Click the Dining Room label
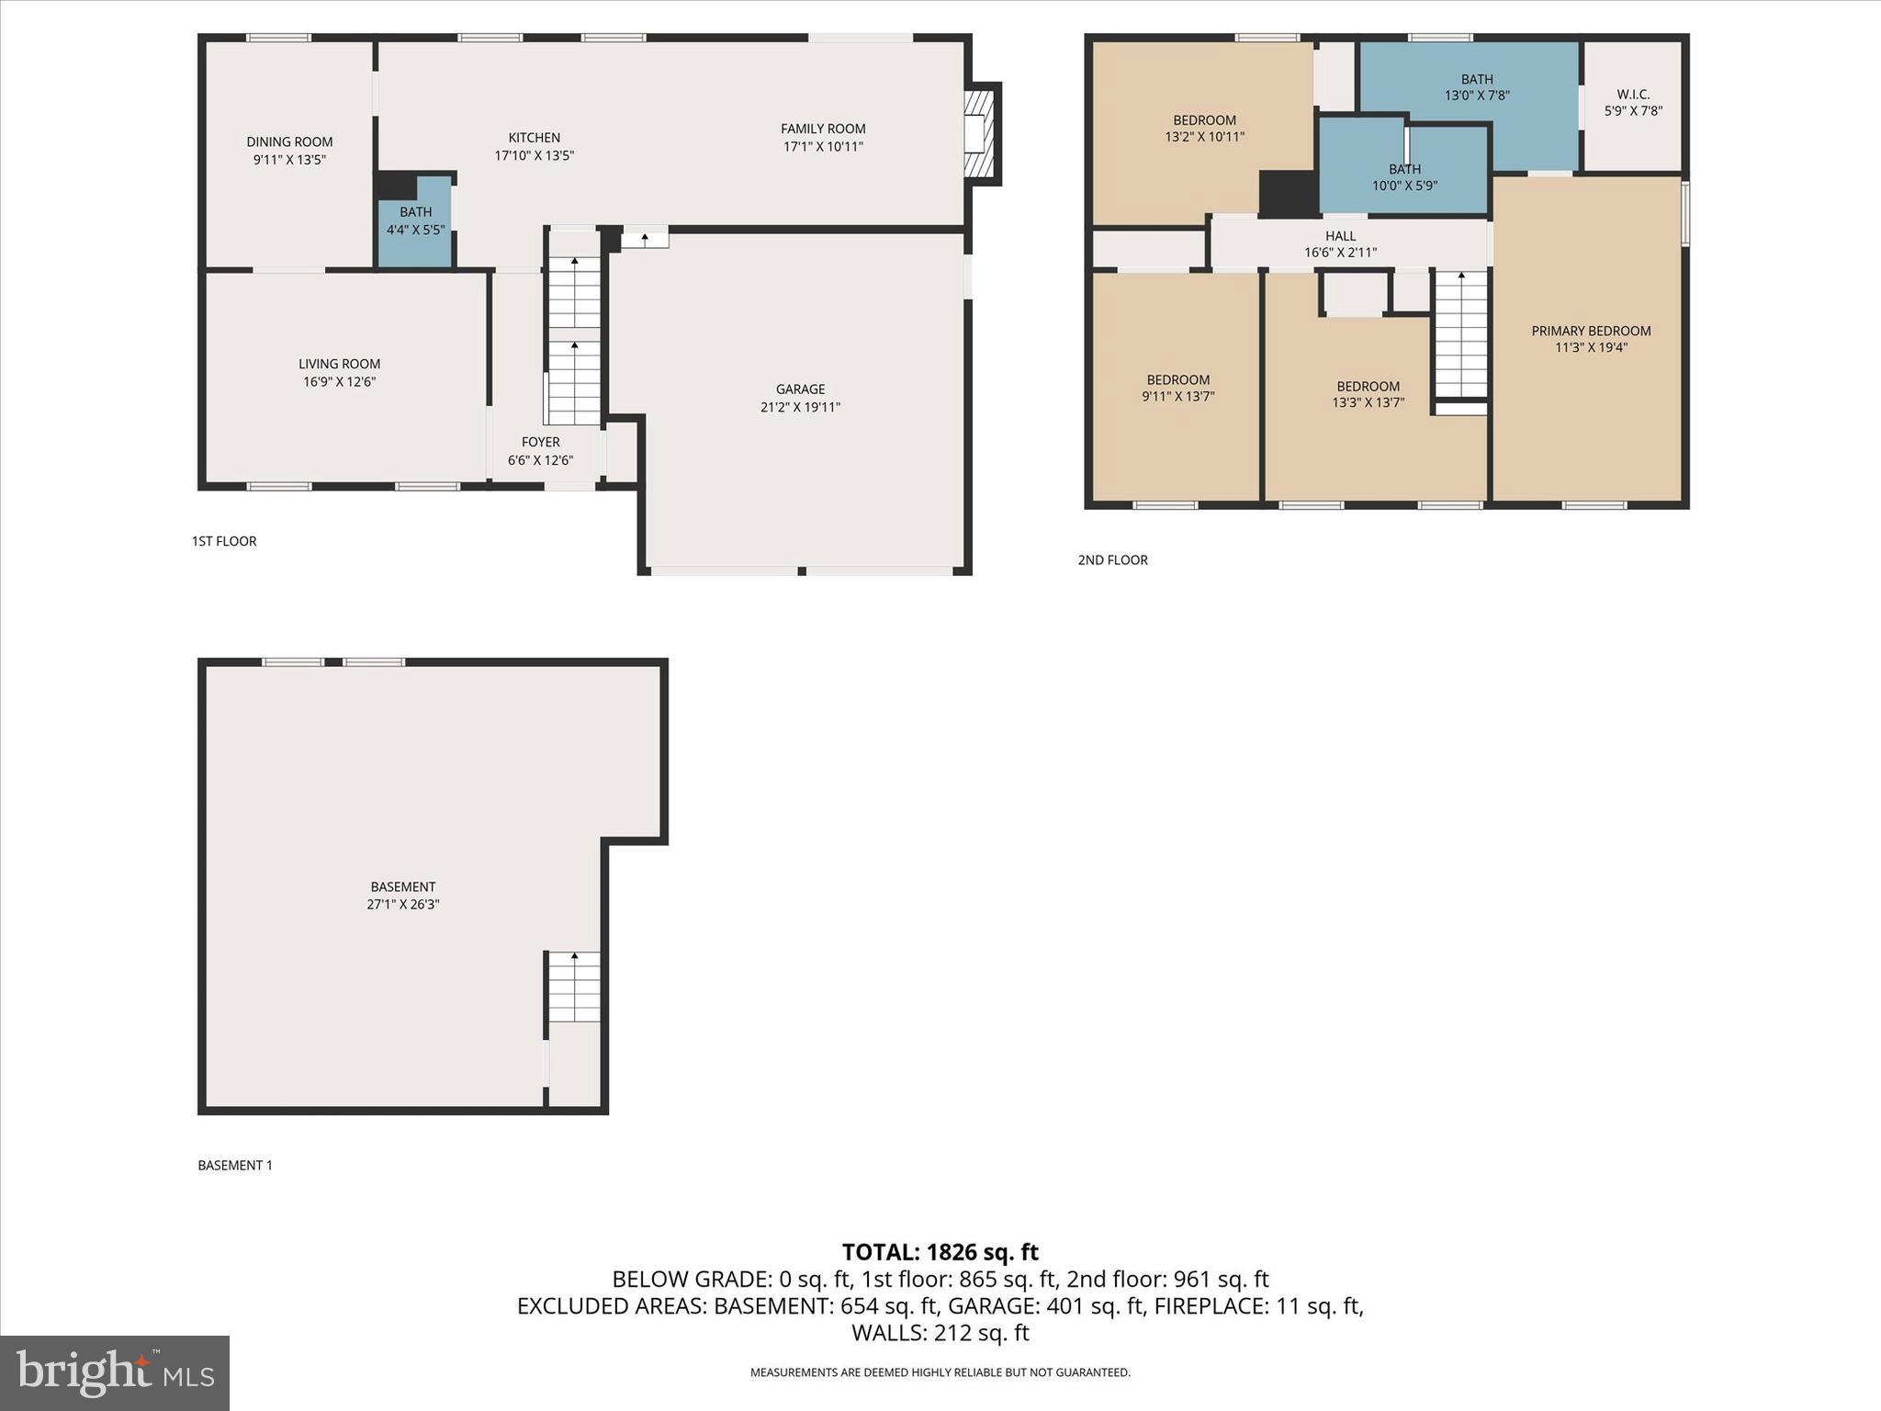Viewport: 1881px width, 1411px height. tap(289, 142)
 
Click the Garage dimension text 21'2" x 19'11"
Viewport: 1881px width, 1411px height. tap(800, 407)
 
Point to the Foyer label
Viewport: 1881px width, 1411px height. tap(540, 442)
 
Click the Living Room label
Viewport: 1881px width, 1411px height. tap(339, 364)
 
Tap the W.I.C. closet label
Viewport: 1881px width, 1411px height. tap(1633, 95)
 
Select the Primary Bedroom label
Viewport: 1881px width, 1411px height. tap(1591, 331)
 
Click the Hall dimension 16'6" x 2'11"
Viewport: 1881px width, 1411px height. tap(1340, 253)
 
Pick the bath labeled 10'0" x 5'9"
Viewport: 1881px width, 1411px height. tap(1404, 177)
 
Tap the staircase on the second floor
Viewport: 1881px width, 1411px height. tap(1460, 334)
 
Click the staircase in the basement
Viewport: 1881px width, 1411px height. tap(574, 987)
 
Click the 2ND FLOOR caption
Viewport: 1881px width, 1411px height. tap(1112, 559)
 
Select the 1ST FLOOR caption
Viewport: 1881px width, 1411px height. tap(224, 541)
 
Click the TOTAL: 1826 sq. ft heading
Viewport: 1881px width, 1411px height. tap(940, 1252)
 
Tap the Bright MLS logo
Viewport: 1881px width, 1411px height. tap(115, 1373)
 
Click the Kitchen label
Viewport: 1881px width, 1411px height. tap(534, 138)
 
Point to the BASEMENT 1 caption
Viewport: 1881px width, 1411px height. tap(235, 1165)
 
